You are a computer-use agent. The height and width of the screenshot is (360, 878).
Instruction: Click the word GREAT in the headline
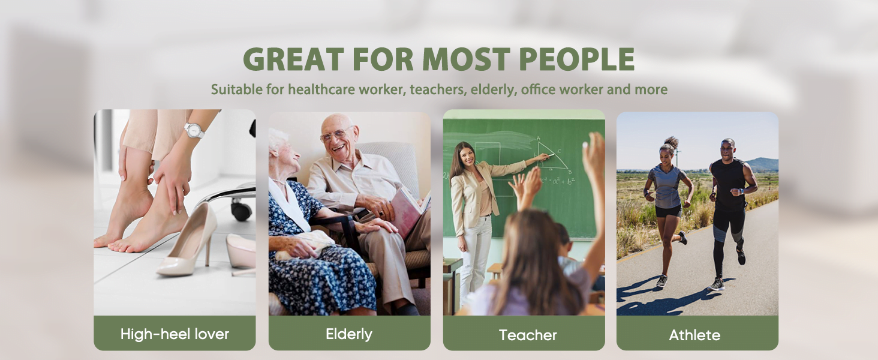point(293,59)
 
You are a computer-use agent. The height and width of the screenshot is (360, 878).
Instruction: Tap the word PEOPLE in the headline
point(577,59)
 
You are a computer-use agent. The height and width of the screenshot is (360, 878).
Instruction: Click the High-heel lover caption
point(175,334)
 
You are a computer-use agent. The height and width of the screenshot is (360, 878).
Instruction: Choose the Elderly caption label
point(349,334)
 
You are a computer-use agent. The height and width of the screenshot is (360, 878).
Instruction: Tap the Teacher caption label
point(528,335)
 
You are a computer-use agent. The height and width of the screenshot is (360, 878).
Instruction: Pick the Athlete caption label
point(694,335)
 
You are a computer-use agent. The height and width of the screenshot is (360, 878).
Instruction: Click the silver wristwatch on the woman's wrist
point(194,130)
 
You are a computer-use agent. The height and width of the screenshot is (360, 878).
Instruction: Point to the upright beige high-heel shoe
point(189,240)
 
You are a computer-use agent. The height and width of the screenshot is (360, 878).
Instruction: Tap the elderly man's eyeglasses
point(335,134)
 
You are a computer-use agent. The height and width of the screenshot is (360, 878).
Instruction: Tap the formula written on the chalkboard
point(558,181)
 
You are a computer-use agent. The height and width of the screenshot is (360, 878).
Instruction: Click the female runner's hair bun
point(670,142)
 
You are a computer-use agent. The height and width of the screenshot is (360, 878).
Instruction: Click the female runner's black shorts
point(668,211)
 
